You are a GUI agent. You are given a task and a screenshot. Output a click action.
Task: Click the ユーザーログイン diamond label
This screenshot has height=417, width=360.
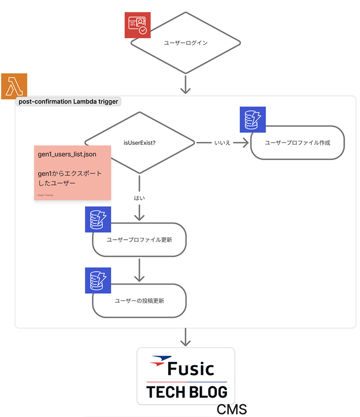[x=186, y=43]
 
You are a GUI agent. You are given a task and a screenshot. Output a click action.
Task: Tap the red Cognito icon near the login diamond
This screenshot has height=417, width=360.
[x=138, y=25]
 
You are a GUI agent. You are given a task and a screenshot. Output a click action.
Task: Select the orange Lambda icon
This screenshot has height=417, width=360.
[x=14, y=86]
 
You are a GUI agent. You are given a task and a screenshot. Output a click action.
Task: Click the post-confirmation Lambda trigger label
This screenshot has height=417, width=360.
[x=68, y=102]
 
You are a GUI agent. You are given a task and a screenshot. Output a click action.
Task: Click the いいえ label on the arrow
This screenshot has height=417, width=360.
[x=223, y=143]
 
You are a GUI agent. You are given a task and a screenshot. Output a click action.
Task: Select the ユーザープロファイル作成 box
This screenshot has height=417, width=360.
[x=297, y=143]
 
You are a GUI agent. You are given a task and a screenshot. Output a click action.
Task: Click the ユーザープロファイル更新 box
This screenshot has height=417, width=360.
[x=140, y=240]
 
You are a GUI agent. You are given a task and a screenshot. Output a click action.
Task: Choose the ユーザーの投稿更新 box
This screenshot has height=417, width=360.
[x=140, y=301]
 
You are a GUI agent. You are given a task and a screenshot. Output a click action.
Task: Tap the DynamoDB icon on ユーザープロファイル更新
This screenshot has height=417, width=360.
[x=98, y=219]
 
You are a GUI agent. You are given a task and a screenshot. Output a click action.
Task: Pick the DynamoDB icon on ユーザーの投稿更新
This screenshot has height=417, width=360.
[x=98, y=280]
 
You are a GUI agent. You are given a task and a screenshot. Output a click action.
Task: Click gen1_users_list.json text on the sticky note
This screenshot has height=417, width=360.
[x=67, y=154]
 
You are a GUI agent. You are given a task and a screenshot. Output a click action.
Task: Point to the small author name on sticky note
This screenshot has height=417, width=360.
[x=46, y=195]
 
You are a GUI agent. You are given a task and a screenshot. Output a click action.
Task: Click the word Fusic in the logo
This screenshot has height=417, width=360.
[x=191, y=368]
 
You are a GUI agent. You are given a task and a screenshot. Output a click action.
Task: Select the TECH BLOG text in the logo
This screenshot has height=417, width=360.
[x=187, y=392]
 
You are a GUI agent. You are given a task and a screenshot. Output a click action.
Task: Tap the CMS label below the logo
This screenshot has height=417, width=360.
[x=232, y=409]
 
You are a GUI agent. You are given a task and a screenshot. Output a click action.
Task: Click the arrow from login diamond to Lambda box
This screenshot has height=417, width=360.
[x=186, y=84]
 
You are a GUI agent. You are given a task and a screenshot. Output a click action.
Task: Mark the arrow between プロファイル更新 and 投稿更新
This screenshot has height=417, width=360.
[x=140, y=269]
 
